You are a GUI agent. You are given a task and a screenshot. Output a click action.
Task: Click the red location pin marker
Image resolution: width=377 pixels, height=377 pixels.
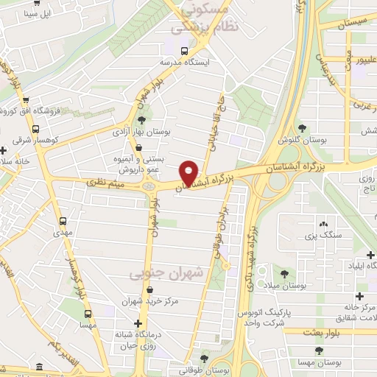tap(189, 172)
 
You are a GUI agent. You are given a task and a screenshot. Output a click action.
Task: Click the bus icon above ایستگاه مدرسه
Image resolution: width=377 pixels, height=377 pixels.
tap(184, 51)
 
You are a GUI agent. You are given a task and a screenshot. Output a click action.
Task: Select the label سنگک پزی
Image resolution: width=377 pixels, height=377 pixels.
tap(320, 236)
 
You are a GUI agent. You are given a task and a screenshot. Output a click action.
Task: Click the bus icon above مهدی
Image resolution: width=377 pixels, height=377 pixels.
tap(63, 220)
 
